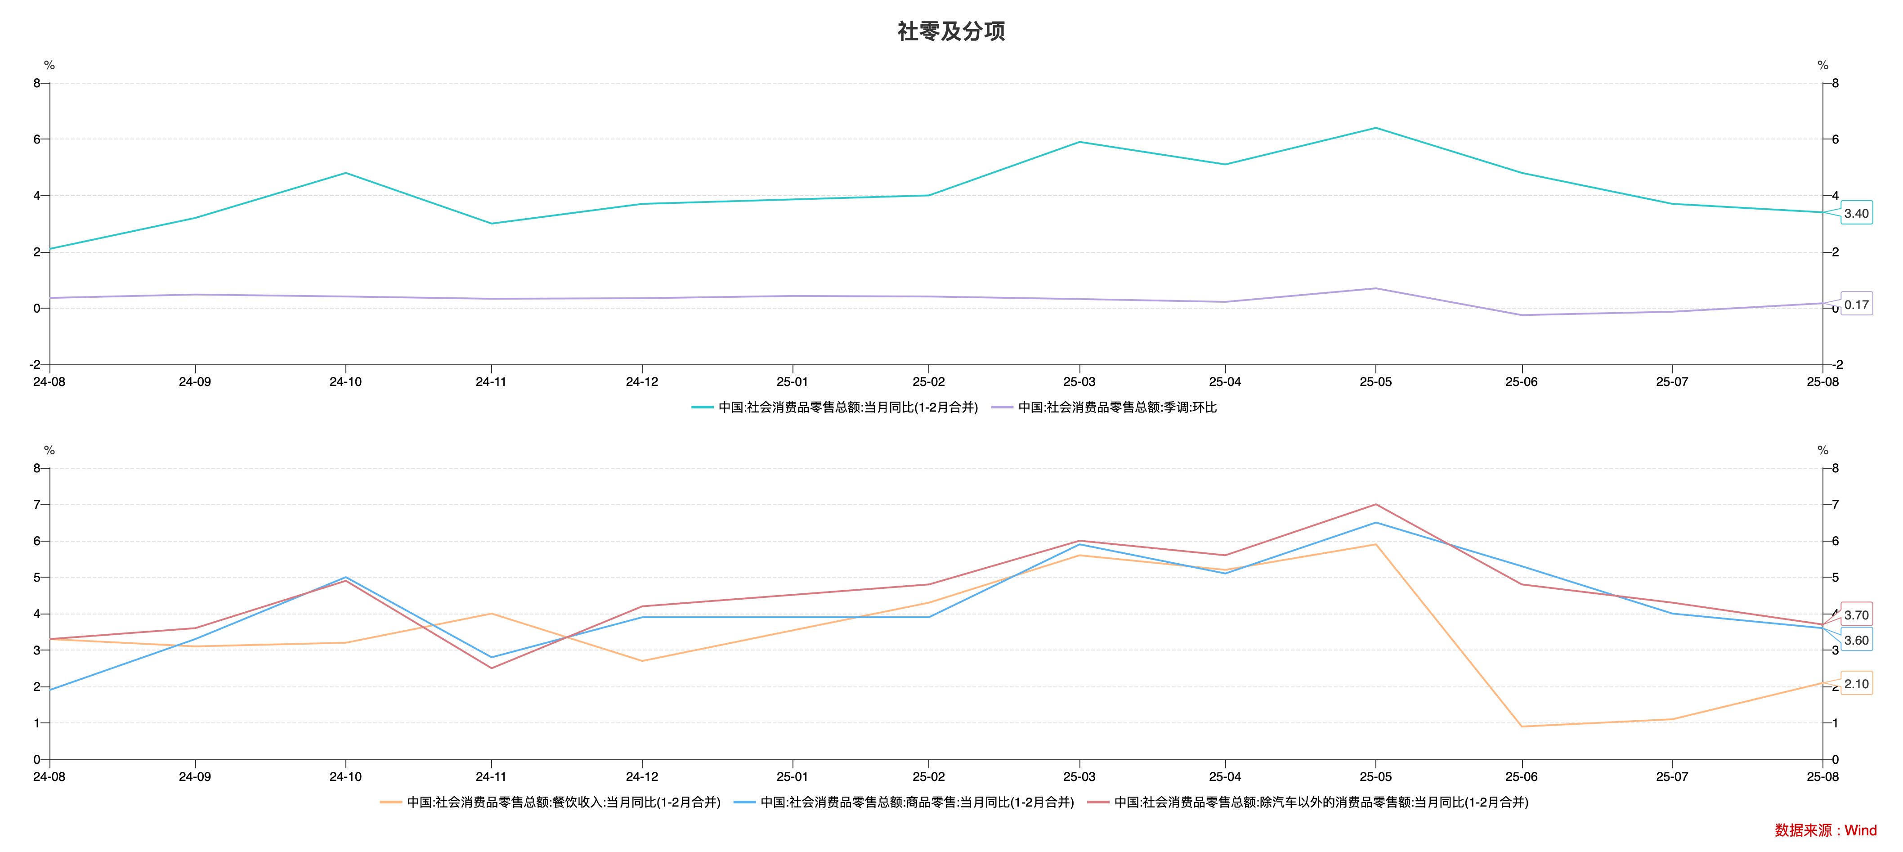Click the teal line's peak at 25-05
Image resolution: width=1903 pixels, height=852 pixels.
click(x=1375, y=128)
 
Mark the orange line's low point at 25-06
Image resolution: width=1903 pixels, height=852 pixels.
click(x=1522, y=726)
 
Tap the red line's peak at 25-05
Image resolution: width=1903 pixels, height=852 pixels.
click(x=1375, y=505)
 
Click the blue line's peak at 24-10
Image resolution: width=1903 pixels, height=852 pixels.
click(x=346, y=577)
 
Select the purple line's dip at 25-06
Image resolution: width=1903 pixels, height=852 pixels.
click(x=1522, y=315)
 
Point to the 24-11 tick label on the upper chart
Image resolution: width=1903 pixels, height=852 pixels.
click(x=491, y=381)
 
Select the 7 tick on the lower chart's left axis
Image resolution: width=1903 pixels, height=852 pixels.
click(x=37, y=505)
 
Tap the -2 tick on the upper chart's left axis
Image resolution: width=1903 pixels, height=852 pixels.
click(x=35, y=365)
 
